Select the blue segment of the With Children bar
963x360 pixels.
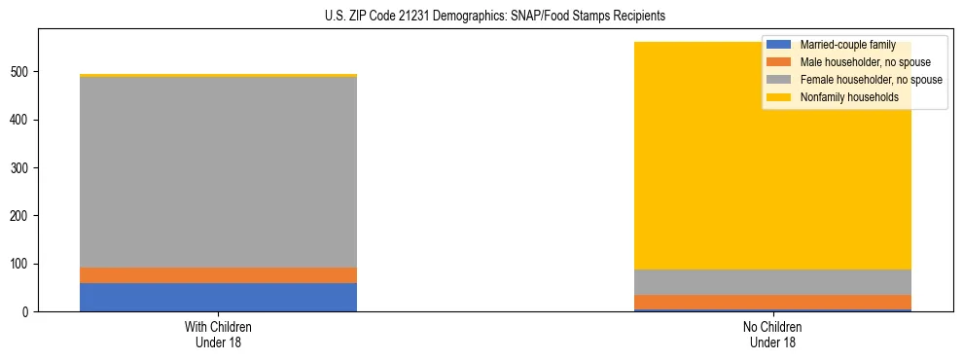pos(218,297)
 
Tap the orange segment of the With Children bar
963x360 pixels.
pos(218,275)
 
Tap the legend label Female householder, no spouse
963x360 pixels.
pos(871,80)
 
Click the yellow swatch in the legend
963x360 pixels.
pos(779,97)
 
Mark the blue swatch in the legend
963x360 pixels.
pos(779,45)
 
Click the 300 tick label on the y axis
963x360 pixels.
pos(21,168)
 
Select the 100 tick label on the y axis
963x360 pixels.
pos(21,264)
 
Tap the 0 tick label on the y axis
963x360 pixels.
pos(27,312)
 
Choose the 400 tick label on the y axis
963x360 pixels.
pos(21,120)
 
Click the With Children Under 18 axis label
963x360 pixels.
pos(218,334)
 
